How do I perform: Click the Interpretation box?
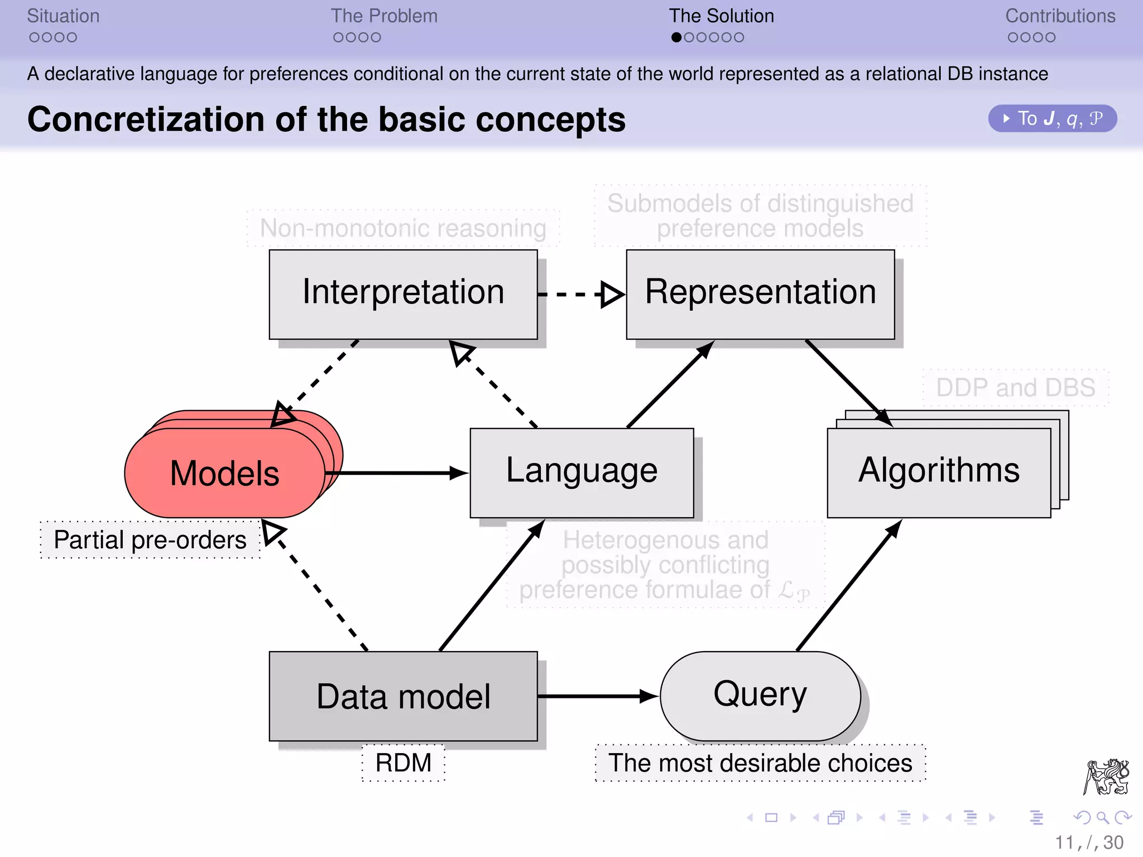(x=403, y=294)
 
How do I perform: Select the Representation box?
(x=760, y=294)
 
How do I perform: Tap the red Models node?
(x=224, y=473)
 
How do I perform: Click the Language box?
(x=582, y=473)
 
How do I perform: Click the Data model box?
(x=403, y=696)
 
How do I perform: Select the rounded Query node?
(x=760, y=696)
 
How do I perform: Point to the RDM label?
(x=403, y=763)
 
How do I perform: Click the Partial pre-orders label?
(x=150, y=540)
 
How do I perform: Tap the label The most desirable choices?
(x=760, y=763)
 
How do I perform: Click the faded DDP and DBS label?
(x=1015, y=387)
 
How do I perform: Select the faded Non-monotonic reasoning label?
(x=403, y=228)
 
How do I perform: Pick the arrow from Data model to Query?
(x=597, y=696)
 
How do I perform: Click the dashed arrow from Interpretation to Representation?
(x=580, y=294)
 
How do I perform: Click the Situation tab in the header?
(x=63, y=16)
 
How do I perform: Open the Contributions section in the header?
(x=1060, y=16)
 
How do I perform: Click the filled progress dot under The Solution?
(x=676, y=37)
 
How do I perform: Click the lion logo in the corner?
(x=1106, y=776)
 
